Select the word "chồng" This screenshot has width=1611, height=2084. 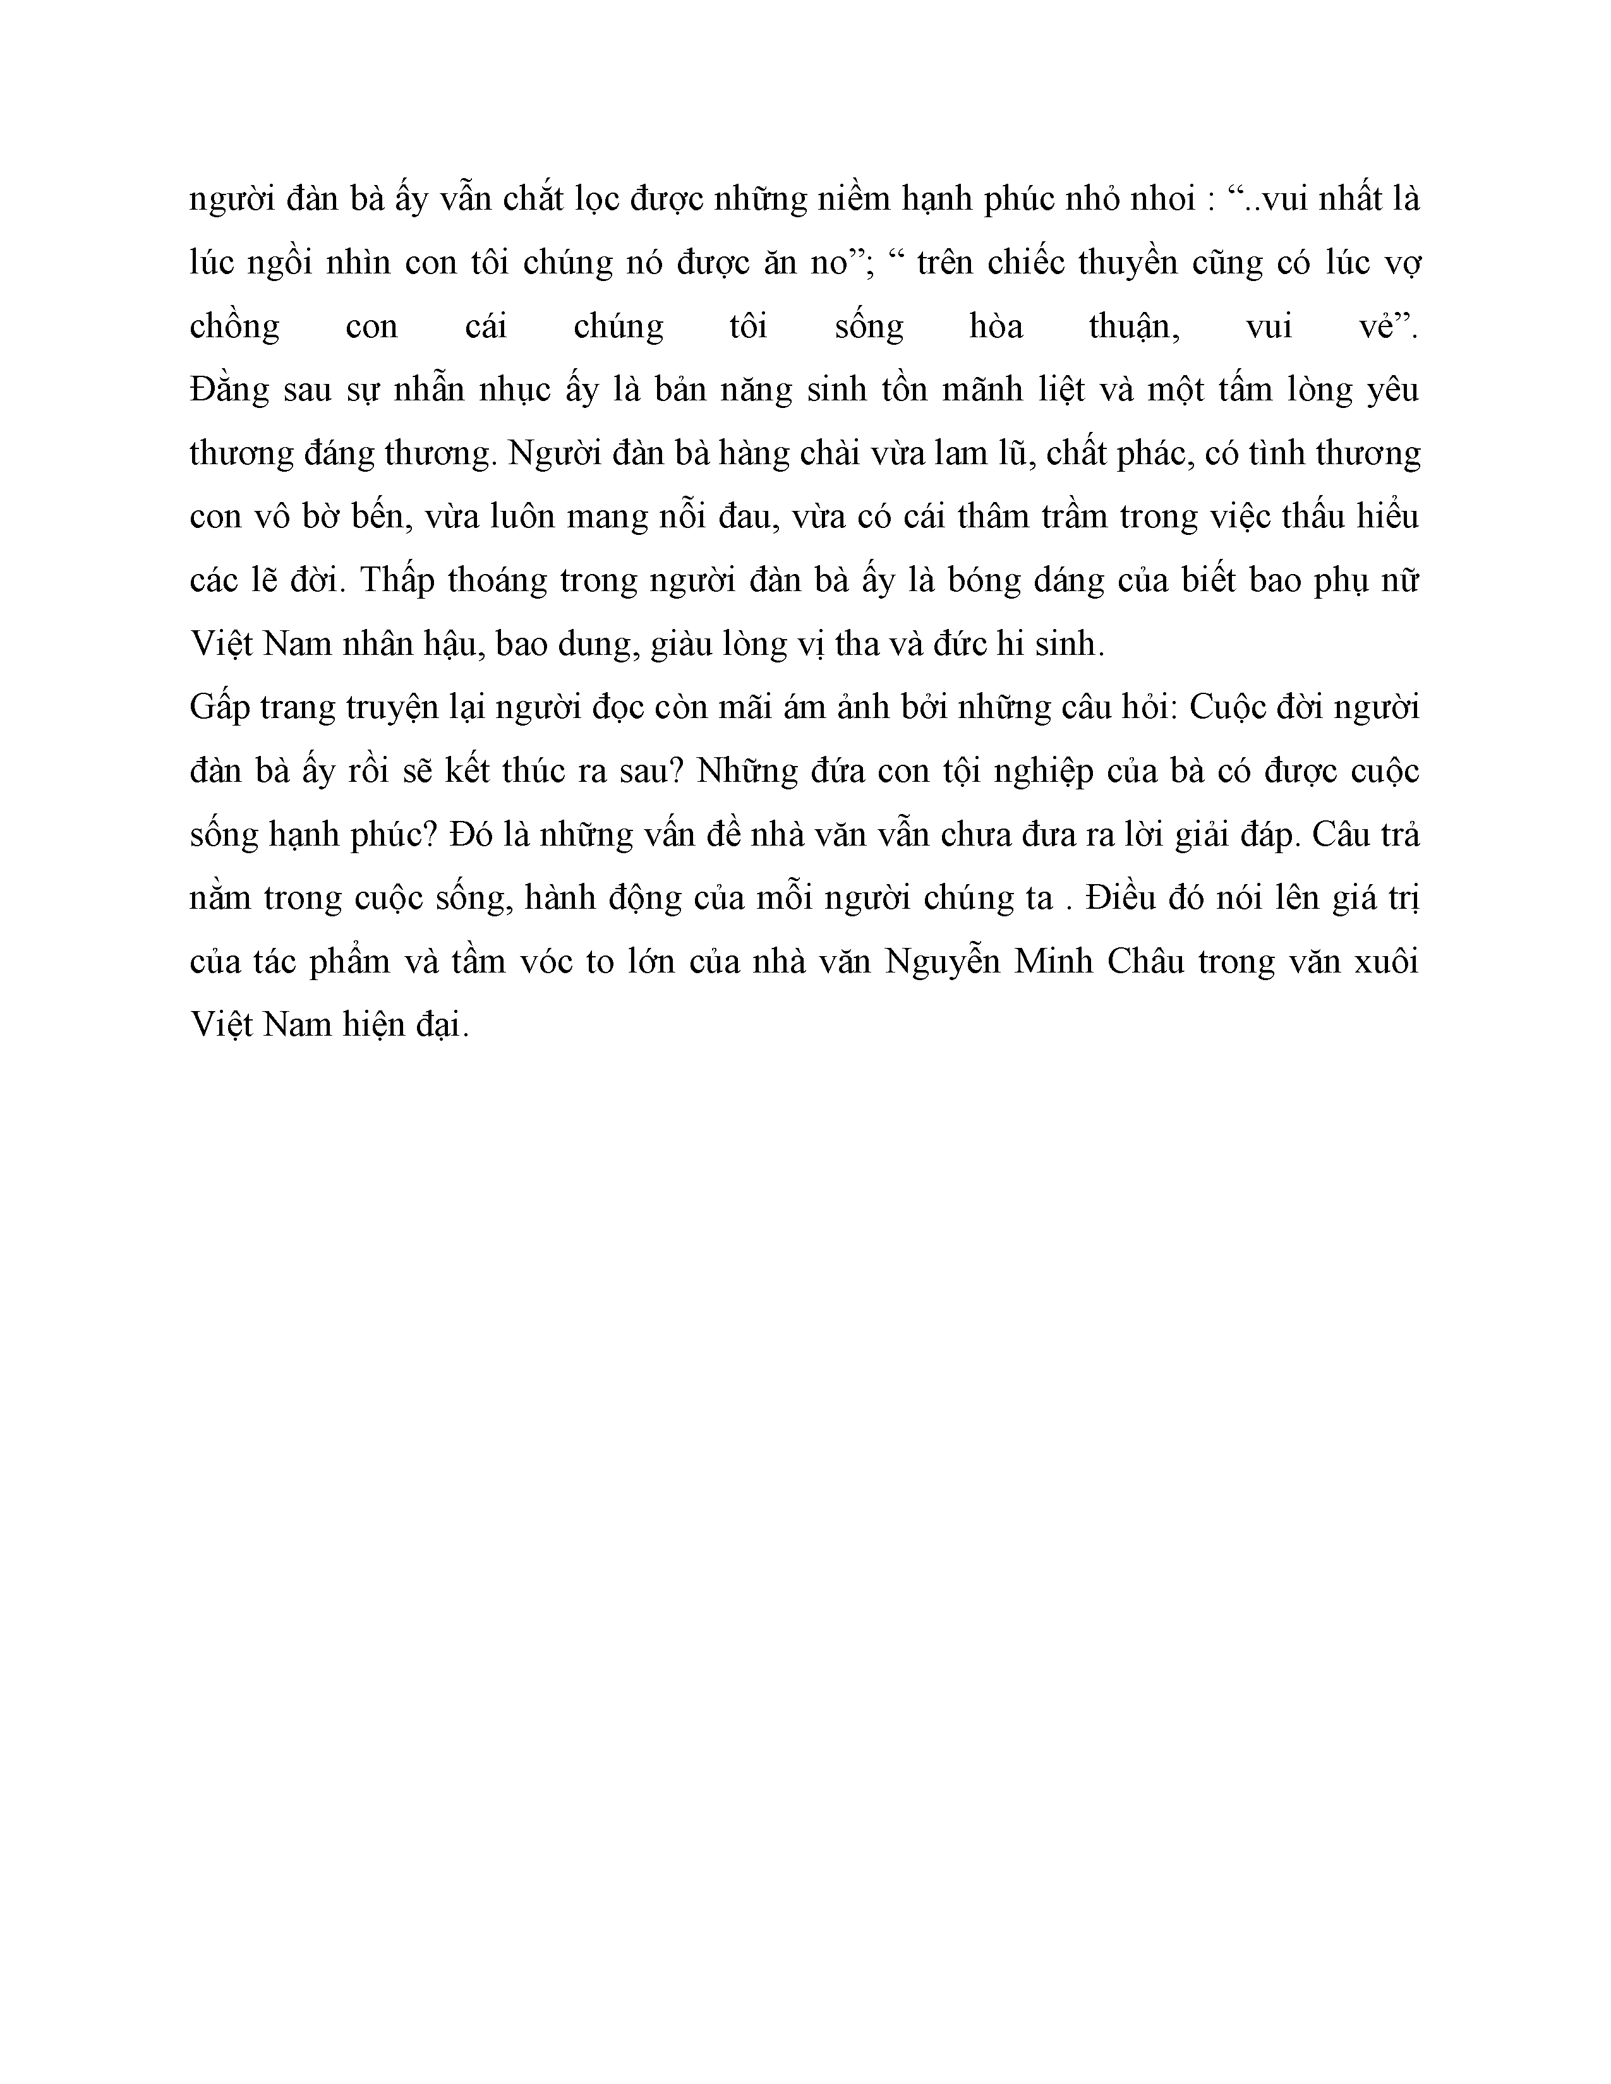click(235, 327)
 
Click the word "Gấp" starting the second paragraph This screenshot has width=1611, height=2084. click(219, 708)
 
